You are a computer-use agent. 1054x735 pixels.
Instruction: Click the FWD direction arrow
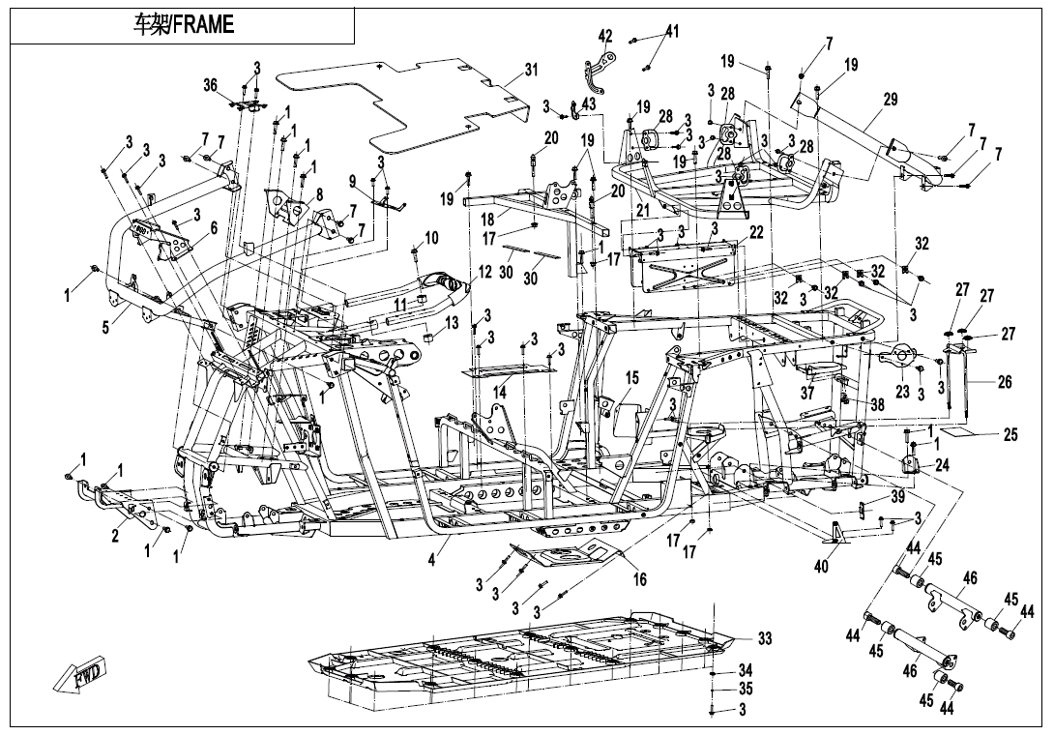coord(81,674)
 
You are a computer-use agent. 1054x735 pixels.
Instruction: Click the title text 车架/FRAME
coord(183,25)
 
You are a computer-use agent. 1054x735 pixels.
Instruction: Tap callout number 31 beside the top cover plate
coord(531,70)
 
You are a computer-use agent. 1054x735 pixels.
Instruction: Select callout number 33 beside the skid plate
coord(765,639)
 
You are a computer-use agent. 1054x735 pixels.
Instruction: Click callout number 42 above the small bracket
coord(605,36)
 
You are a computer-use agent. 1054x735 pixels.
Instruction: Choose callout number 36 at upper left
coord(211,85)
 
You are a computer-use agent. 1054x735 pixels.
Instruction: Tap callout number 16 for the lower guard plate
coord(639,579)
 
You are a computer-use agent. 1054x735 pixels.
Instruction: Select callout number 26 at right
coord(1005,383)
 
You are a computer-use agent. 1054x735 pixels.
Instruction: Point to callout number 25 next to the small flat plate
coord(1010,435)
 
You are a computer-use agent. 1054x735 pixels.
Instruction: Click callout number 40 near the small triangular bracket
coord(821,567)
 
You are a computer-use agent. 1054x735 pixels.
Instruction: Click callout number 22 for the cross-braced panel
coord(756,233)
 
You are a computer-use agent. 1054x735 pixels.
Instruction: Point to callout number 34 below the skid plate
coord(745,669)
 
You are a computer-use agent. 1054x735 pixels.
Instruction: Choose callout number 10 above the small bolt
coord(431,237)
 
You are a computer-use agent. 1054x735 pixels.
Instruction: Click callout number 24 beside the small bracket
coord(942,464)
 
